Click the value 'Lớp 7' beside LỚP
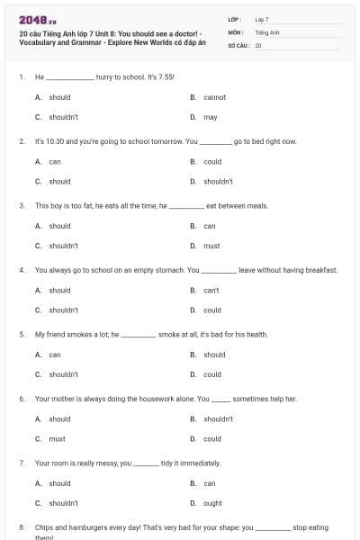click(x=262, y=19)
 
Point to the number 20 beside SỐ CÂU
click(x=258, y=44)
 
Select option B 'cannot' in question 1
click(x=214, y=97)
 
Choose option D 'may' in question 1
click(x=210, y=117)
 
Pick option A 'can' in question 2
click(x=55, y=162)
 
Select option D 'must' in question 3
click(x=211, y=246)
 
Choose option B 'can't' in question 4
click(x=211, y=291)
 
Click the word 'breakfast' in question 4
click(x=320, y=270)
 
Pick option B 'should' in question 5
click(x=214, y=355)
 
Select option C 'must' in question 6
click(x=57, y=439)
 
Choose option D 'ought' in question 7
click(x=212, y=503)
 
